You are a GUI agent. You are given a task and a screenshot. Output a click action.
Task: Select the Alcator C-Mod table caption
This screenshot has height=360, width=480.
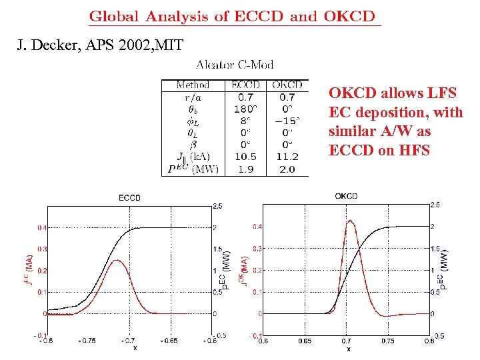tap(235, 65)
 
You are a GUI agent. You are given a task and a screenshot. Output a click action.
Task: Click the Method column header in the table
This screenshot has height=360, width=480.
tap(193, 85)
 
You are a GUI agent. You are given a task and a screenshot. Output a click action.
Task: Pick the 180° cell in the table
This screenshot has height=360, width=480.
tap(245, 109)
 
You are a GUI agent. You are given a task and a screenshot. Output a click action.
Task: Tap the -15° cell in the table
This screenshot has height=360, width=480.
tap(287, 121)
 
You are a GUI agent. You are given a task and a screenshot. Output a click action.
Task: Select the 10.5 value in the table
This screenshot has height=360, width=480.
tap(245, 157)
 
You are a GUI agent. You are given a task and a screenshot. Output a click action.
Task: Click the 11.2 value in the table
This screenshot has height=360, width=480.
tap(287, 157)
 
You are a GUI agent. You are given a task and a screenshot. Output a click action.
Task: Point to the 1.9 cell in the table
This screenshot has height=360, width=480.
tap(245, 169)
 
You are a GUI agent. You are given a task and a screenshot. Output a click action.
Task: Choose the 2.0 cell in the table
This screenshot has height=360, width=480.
tap(287, 169)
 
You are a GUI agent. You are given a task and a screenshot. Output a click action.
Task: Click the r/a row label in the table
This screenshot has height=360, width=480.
tap(193, 97)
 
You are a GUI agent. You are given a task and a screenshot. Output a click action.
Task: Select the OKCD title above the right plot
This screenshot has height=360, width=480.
tap(346, 195)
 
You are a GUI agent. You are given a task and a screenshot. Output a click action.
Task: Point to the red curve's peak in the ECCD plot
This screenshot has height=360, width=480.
tap(117, 260)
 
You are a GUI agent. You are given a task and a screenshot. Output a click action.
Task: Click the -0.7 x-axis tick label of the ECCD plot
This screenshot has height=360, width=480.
tap(129, 340)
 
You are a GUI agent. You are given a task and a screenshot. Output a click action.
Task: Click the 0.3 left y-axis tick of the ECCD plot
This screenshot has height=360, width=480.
tap(41, 249)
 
